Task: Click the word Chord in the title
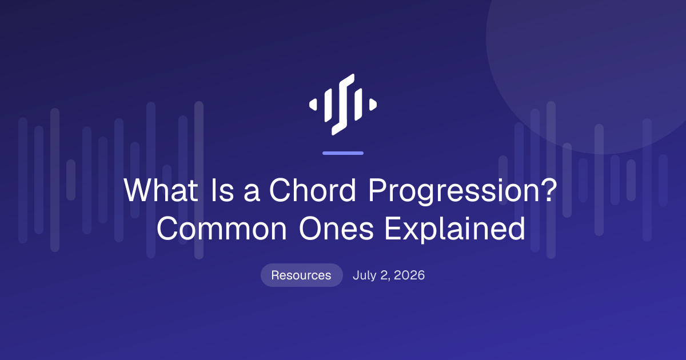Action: tap(313, 190)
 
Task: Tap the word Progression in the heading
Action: tap(454, 191)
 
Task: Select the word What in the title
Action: tap(161, 190)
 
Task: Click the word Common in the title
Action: tap(222, 229)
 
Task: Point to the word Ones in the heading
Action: tap(336, 229)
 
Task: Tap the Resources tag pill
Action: tap(302, 275)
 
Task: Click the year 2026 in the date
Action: tap(409, 275)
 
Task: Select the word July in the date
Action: tap(365, 275)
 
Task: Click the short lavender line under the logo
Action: tap(343, 153)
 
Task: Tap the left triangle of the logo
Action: tap(313, 105)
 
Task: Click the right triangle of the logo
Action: tap(373, 105)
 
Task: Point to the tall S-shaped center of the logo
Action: tap(343, 105)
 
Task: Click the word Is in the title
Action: tap(222, 190)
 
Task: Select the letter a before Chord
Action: tap(252, 193)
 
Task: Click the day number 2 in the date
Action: tap(384, 275)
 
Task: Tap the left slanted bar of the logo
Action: tap(328, 105)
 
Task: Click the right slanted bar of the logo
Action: tap(358, 105)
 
